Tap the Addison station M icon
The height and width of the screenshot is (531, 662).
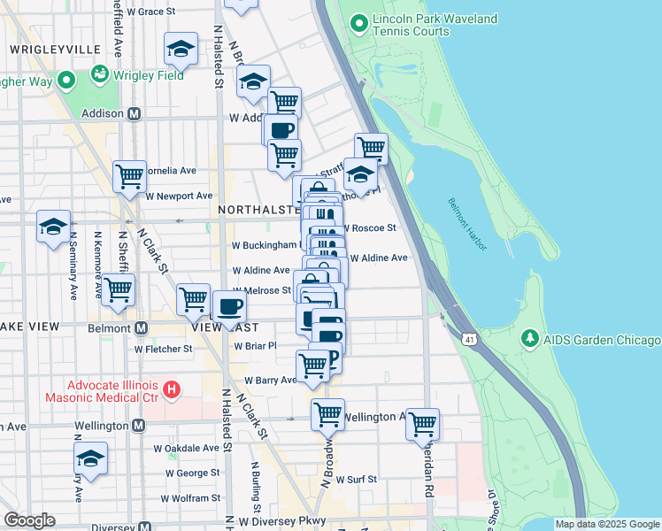coord(135,113)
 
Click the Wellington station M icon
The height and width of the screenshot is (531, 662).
coord(138,426)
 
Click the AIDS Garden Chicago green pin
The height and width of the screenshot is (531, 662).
coord(529,339)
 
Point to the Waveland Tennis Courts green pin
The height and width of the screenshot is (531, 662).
coord(359,22)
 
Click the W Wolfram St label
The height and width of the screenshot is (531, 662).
coord(189,498)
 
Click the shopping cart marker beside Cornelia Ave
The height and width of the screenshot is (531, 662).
coord(129,175)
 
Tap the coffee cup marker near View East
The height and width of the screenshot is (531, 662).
coord(229,307)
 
